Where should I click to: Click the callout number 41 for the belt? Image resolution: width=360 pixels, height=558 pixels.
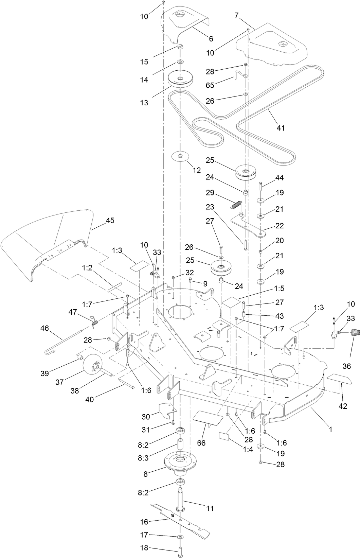[281, 128]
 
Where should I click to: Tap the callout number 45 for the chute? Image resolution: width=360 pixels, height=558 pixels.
[110, 220]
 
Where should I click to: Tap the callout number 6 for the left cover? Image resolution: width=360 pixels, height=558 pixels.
[211, 39]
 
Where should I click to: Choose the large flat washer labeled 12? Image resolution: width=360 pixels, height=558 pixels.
[180, 156]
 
